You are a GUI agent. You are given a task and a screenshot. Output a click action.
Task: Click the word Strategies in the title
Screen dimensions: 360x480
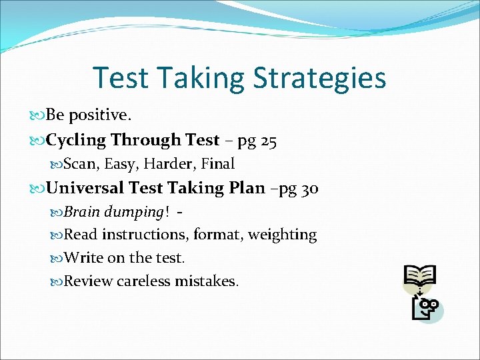coord(319,78)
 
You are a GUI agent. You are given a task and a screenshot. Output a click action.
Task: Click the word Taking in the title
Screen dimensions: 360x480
coord(201,78)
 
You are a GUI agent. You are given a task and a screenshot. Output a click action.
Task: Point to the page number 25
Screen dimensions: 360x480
coord(269,140)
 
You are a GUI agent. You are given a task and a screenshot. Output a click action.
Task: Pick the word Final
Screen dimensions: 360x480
coord(217,163)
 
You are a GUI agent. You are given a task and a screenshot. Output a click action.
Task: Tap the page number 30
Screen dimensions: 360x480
coord(309,189)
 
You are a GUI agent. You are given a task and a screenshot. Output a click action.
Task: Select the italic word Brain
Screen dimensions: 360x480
coord(81,211)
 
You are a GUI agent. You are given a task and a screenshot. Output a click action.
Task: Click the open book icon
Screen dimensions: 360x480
coord(420,275)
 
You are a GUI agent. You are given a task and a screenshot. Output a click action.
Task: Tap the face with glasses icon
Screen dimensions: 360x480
coord(427,308)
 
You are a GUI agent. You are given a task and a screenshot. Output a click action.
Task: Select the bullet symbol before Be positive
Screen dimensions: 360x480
coord(39,116)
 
